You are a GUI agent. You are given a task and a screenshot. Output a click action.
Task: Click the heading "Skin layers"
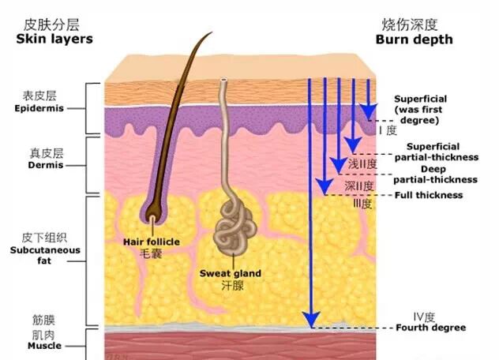pos(54,39)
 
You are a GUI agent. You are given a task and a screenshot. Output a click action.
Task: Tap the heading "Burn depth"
pos(414,39)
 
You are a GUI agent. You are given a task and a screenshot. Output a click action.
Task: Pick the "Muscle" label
pos(44,346)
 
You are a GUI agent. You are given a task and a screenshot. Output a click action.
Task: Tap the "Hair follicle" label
pos(152,242)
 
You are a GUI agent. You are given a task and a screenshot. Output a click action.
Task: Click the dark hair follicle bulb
pos(152,209)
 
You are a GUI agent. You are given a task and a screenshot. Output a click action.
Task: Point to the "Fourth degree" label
pos(430,328)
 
